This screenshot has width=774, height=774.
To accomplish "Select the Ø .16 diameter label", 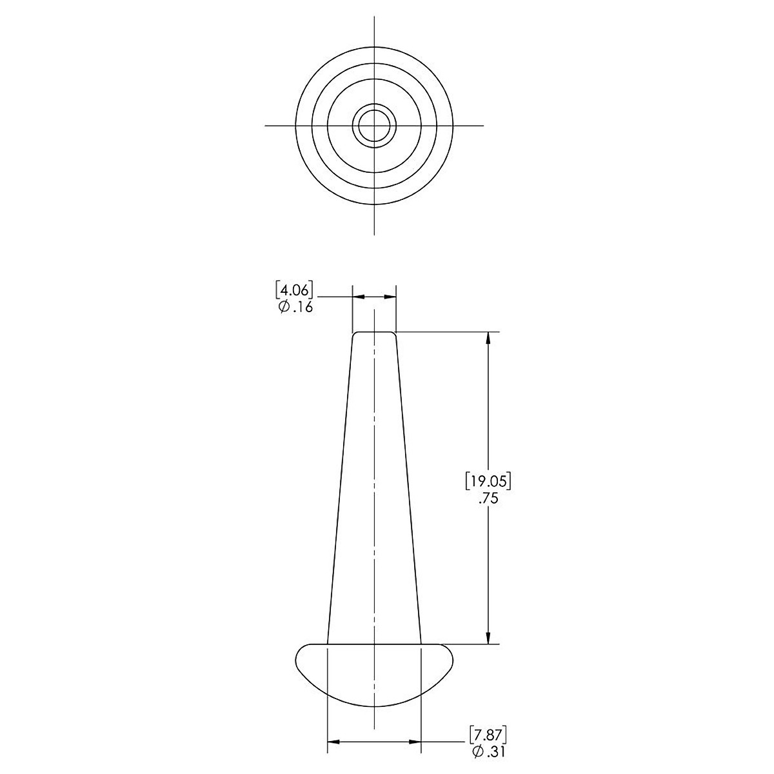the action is pyautogui.click(x=295, y=308).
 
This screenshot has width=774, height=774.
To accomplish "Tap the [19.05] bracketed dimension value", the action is pyautogui.click(x=488, y=482).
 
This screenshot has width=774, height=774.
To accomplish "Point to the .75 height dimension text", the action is pyautogui.click(x=488, y=499).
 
